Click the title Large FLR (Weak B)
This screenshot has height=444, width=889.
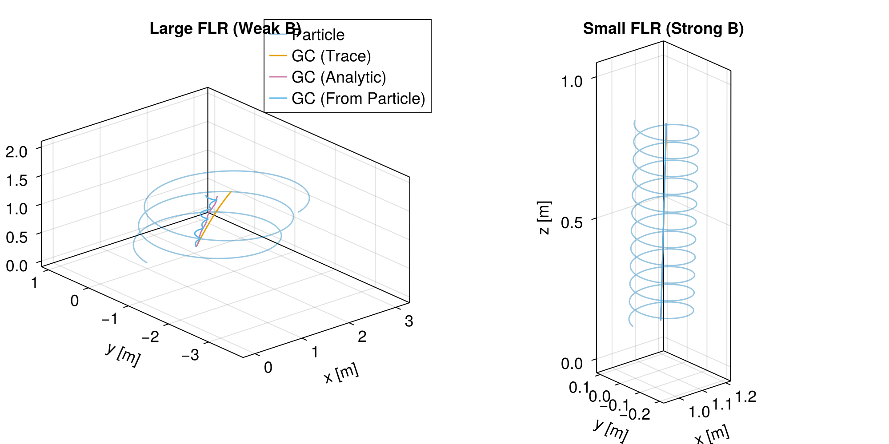[x=225, y=28]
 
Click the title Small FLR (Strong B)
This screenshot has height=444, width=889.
[x=663, y=28]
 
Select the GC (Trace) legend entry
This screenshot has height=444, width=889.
[x=331, y=56]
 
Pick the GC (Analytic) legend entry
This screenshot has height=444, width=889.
[x=339, y=77]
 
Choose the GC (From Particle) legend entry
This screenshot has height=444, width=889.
[x=358, y=99]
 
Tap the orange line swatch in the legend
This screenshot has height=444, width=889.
[x=278, y=56]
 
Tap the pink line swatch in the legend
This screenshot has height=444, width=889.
[x=278, y=77]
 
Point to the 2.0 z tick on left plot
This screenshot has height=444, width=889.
[x=17, y=151]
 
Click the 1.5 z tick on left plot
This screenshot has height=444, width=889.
[x=17, y=180]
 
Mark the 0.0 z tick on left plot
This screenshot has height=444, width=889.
[x=17, y=266]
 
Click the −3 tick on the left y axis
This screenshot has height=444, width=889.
[x=190, y=355]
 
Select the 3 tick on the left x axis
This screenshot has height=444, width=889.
[x=409, y=321]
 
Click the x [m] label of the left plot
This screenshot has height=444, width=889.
[x=341, y=373]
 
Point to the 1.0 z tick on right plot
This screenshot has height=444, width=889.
[x=572, y=82]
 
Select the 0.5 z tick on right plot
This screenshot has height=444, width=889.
[x=572, y=222]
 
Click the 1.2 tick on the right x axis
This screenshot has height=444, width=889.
[x=746, y=396]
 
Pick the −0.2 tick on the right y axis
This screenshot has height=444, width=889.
[x=634, y=414]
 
